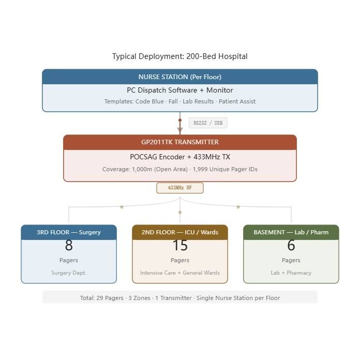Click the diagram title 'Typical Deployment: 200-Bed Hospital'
[180, 56]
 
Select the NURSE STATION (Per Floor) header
[180, 77]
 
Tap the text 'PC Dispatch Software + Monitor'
[180, 90]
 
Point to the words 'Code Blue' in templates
[149, 101]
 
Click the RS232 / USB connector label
[208, 123]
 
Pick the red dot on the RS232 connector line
[180, 120]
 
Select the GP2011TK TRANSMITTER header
[180, 142]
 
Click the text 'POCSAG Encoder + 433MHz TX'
[180, 157]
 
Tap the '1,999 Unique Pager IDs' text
[225, 169]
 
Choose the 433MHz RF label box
[180, 188]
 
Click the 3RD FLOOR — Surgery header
[69, 232]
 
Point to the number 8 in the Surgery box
[69, 245]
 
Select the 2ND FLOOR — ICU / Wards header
[180, 232]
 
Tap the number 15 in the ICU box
[180, 245]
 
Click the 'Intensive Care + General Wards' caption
[180, 273]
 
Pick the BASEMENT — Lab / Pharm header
[291, 232]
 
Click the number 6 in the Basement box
[291, 245]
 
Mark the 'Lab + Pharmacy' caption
[291, 273]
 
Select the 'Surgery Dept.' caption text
[69, 273]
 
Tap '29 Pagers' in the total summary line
[110, 298]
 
